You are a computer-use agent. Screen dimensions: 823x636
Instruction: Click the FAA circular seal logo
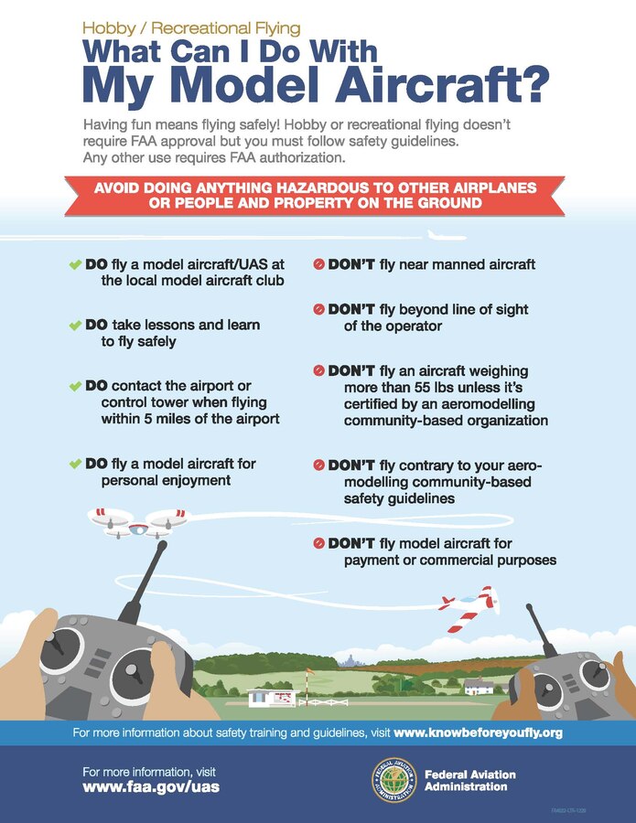(393, 780)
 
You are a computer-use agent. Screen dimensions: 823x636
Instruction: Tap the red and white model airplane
(469, 607)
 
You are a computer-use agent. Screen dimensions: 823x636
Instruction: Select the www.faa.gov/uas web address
(151, 786)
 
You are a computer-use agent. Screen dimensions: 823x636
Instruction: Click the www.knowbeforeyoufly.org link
(478, 732)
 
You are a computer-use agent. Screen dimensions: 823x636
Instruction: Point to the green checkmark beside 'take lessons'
(75, 326)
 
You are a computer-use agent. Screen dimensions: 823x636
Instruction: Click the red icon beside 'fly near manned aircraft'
(318, 264)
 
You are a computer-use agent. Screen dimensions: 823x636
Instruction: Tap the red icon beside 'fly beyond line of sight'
(318, 310)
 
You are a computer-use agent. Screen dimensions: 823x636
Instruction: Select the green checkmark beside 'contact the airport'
(75, 386)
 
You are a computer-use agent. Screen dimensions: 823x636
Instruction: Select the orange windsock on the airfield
(309, 672)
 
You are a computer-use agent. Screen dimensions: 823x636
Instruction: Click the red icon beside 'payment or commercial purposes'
(318, 543)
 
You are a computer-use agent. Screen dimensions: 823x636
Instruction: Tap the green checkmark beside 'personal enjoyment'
(75, 465)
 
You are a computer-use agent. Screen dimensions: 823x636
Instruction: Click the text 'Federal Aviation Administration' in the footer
(470, 780)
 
